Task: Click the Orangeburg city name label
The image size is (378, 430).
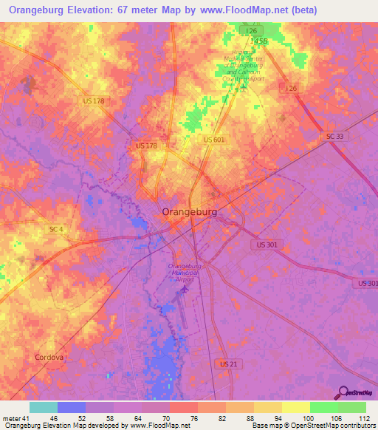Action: [x=190, y=212]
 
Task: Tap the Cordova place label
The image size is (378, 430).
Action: [x=49, y=358]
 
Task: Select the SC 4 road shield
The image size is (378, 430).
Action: [x=56, y=230]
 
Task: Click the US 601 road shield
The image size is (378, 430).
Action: [x=213, y=140]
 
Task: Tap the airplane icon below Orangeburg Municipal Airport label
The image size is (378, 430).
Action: [x=185, y=287]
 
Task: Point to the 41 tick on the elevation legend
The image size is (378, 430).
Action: [x=27, y=417]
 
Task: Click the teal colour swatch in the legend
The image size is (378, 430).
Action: [x=44, y=407]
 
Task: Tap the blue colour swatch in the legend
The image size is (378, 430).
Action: [x=72, y=407]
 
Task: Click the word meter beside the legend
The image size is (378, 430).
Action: [x=11, y=417]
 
